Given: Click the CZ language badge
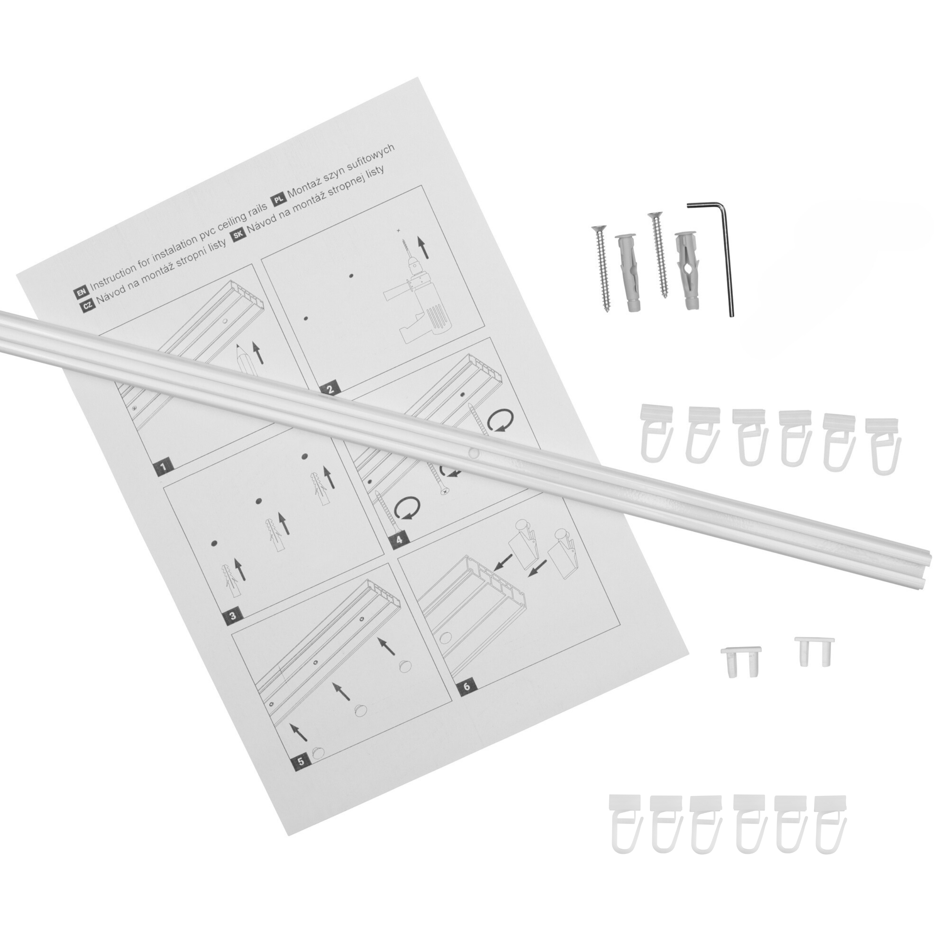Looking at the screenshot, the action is [87, 306].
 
